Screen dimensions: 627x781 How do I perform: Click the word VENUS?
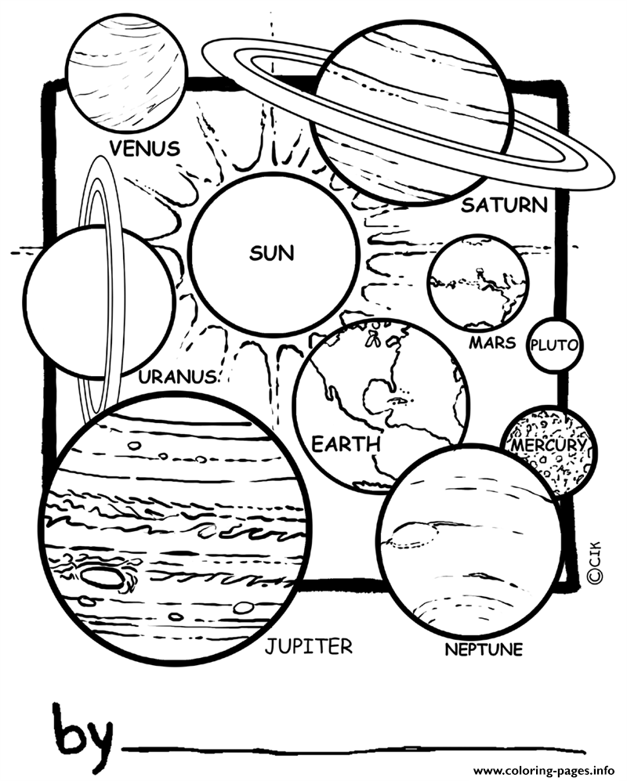(144, 148)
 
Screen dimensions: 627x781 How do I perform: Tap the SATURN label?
(504, 204)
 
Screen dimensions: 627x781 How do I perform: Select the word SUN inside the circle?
(272, 254)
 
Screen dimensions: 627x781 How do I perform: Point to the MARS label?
(492, 342)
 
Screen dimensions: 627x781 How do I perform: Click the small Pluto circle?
(554, 345)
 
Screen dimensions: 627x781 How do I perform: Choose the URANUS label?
(177, 377)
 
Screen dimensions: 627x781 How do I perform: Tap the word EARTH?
(346, 444)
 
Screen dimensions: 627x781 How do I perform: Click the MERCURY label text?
(548, 445)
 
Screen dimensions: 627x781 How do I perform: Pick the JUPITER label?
(309, 646)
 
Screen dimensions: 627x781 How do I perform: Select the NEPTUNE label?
(484, 649)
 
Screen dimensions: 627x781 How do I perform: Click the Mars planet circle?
(478, 283)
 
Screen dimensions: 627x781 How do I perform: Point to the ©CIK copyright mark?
(594, 562)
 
